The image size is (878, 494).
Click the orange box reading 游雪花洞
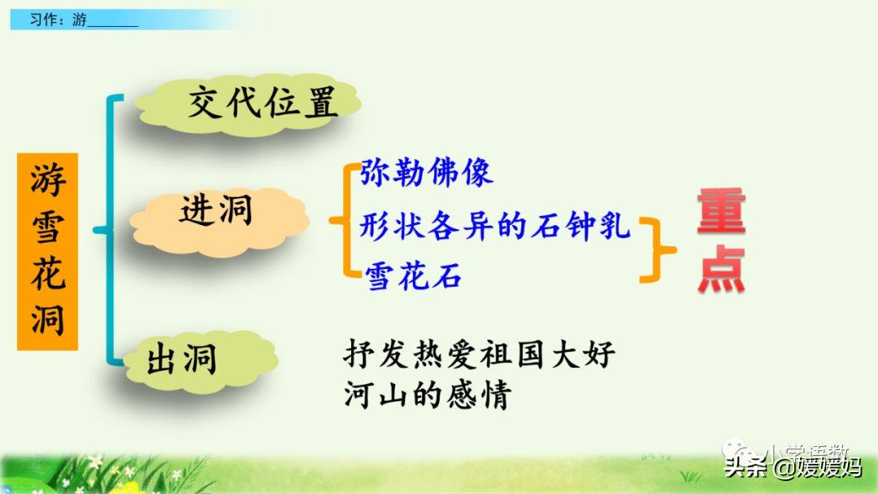tap(48, 252)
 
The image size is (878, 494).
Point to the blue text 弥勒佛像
tap(426, 173)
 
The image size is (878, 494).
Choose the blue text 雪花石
tap(413, 276)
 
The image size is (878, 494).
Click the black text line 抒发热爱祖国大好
tap(480, 356)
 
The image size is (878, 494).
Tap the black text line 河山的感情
tap(427, 396)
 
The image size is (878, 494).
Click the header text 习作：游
tap(58, 20)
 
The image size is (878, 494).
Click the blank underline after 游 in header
tap(111, 23)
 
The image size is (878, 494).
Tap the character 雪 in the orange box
tap(48, 227)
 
